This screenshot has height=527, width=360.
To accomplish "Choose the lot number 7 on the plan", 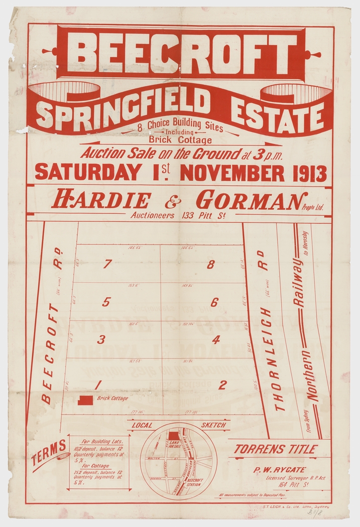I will coord(106,265).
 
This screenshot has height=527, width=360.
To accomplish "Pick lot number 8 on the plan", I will coord(210,265).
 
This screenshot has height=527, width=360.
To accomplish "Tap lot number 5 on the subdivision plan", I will coord(106,302).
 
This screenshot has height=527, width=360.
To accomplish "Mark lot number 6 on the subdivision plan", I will coord(214,302).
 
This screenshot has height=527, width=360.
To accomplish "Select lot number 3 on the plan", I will coord(101,340).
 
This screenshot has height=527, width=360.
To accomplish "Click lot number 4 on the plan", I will coord(216,340).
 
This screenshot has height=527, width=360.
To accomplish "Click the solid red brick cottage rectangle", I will coord(85,400).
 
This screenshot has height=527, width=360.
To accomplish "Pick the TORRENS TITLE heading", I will coord(275,449).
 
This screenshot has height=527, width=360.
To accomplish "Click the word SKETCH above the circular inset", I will coord(213,425).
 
